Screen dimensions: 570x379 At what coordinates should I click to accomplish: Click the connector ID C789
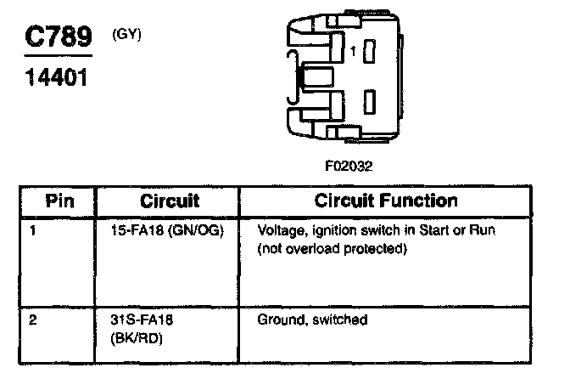(54, 37)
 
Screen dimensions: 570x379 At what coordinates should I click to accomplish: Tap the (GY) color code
(126, 34)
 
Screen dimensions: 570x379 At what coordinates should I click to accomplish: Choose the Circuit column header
(170, 201)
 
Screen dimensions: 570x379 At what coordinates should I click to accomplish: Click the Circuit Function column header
(386, 201)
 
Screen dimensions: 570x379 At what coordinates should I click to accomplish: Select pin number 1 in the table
(31, 230)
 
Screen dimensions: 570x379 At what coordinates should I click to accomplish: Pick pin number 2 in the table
(31, 320)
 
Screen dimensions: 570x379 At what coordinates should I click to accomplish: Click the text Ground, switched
(311, 320)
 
